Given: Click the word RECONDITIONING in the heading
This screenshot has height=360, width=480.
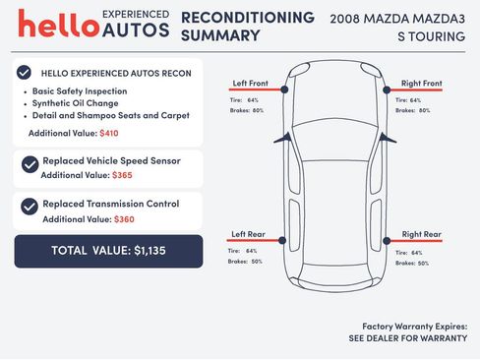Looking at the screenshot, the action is point(248,18).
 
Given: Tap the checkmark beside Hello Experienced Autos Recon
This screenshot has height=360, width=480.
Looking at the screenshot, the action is point(24,73).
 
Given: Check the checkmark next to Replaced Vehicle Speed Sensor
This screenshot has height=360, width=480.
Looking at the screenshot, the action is point(30,164).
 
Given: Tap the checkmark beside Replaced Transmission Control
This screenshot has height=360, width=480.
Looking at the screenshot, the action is point(30,207).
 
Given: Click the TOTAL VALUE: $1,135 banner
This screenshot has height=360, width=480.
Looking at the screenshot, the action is point(108,251).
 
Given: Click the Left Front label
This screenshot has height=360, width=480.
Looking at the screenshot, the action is point(250,83).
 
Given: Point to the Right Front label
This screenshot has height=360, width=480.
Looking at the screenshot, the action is point(421,83).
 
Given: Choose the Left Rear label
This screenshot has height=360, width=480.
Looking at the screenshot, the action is point(249,234).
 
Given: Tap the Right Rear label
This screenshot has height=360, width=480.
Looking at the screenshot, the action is point(421,234).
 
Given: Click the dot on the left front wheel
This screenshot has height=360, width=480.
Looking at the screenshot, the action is point(285,89).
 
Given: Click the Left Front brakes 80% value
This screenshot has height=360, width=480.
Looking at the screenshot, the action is point(259,110).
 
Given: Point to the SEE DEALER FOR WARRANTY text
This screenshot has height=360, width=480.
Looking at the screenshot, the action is point(406,337).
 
